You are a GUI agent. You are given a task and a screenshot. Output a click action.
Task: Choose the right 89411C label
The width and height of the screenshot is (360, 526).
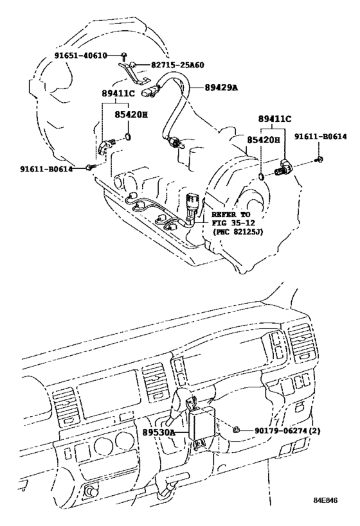[x=276, y=119]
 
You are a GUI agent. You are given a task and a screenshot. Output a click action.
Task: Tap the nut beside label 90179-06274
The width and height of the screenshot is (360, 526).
[x=237, y=429]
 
